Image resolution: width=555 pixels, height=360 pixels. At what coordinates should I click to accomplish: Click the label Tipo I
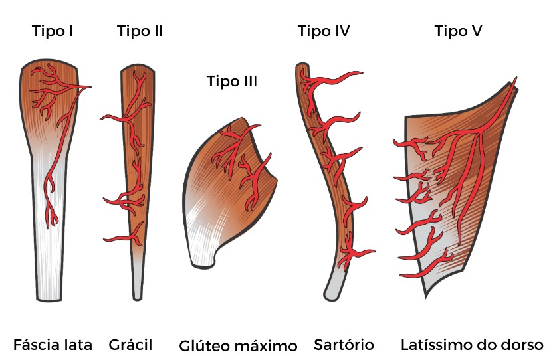click(x=53, y=31)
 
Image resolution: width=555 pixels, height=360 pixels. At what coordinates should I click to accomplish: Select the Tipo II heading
click(x=140, y=31)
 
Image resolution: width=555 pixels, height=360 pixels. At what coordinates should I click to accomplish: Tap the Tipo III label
click(x=232, y=82)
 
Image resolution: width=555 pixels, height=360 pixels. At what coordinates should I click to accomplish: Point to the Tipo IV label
click(x=324, y=31)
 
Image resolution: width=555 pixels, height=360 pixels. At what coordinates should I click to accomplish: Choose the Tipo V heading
click(x=459, y=31)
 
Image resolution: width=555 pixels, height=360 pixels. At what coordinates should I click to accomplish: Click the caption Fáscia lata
click(x=53, y=345)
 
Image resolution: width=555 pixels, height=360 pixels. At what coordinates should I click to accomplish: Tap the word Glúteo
click(x=204, y=346)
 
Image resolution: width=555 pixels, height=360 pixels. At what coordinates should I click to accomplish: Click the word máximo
click(x=265, y=346)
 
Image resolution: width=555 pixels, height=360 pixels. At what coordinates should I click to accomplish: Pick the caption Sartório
click(x=344, y=345)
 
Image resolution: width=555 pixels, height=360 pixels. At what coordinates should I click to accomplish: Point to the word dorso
click(x=524, y=345)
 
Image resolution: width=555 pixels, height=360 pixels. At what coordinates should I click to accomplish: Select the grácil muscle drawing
click(x=138, y=166)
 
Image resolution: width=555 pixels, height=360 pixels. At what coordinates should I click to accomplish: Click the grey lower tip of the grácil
click(x=138, y=282)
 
